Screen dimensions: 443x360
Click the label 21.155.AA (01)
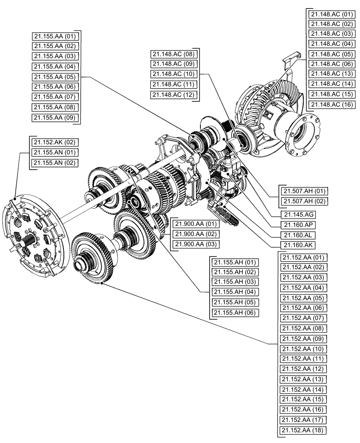coord(55,36)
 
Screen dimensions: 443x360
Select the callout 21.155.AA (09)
coord(55,117)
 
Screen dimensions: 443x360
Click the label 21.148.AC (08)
coord(173,54)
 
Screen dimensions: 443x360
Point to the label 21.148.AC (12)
coord(173,95)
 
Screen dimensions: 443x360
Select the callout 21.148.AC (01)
coord(332,14)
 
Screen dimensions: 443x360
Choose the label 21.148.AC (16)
coord(332,105)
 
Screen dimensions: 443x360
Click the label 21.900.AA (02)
coord(195,234)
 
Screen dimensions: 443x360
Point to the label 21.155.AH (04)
coord(235,292)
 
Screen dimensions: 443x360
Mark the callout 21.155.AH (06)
coord(235,313)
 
